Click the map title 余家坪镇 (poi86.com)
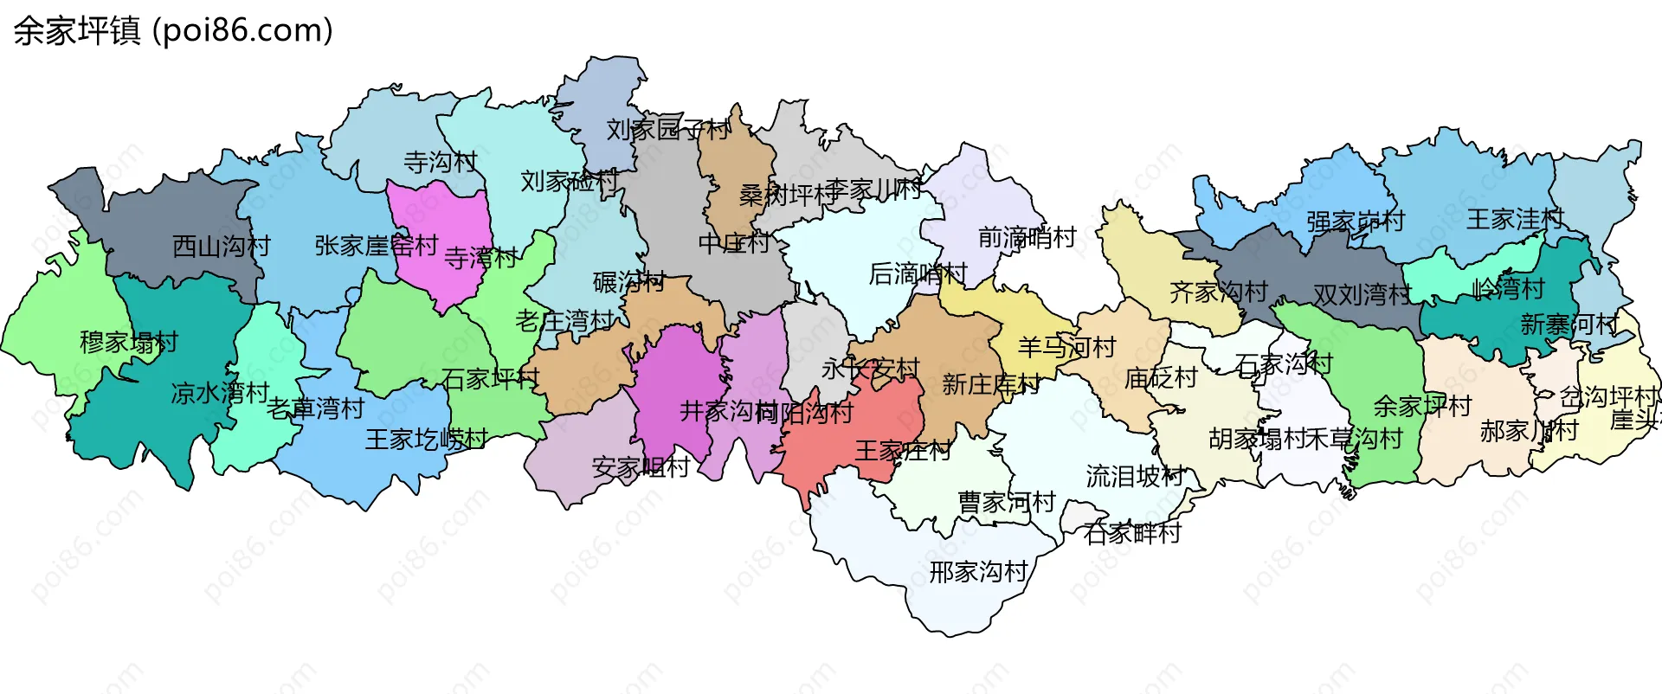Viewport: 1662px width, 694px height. [173, 31]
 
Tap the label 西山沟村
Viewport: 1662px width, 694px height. [222, 247]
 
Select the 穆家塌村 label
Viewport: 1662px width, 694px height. [129, 342]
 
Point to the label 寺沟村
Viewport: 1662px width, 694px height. [441, 162]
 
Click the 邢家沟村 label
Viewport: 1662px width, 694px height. [978, 571]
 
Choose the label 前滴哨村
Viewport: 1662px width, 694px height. [1027, 237]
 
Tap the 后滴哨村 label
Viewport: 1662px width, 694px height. [918, 274]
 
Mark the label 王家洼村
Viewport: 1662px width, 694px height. [1515, 219]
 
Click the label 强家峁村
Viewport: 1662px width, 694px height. [1356, 222]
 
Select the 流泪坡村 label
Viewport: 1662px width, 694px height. [1135, 476]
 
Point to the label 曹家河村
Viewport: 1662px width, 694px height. [1007, 502]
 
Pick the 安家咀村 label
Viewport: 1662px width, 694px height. [641, 467]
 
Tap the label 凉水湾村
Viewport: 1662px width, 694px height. [220, 393]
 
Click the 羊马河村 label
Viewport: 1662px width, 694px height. [1066, 347]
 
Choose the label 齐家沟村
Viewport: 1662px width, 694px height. [1218, 292]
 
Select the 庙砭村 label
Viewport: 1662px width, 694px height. [1161, 377]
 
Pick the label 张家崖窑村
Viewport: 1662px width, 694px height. [377, 246]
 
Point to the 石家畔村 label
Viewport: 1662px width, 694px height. [1132, 533]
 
